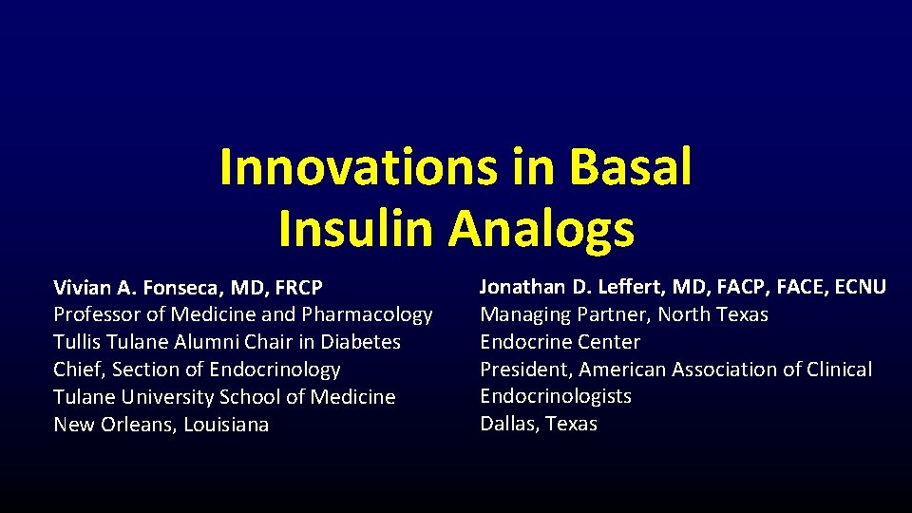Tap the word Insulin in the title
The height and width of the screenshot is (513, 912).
pyautogui.click(x=356, y=229)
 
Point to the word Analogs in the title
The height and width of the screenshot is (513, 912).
pyautogui.click(x=541, y=229)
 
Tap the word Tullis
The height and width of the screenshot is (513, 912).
pyautogui.click(x=79, y=342)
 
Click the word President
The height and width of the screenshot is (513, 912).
pyautogui.click(x=525, y=370)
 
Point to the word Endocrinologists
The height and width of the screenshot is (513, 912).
pyautogui.click(x=556, y=396)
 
